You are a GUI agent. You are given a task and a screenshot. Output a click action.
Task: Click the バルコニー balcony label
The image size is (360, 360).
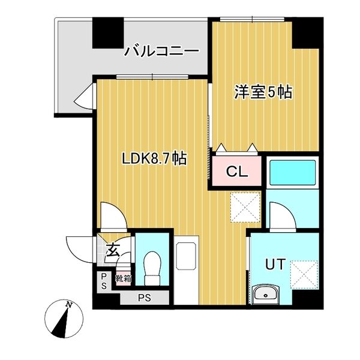tap(161, 52)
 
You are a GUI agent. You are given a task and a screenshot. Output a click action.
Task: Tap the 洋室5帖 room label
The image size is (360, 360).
tap(263, 92)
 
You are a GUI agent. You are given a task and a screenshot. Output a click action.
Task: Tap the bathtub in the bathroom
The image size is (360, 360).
tap(292, 173)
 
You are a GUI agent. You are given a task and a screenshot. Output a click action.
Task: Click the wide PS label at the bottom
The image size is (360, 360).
tap(145, 297)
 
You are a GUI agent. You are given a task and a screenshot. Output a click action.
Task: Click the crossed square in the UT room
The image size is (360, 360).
tap(304, 275)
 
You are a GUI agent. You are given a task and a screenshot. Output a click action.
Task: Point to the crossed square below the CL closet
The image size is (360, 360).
tap(246, 207)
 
